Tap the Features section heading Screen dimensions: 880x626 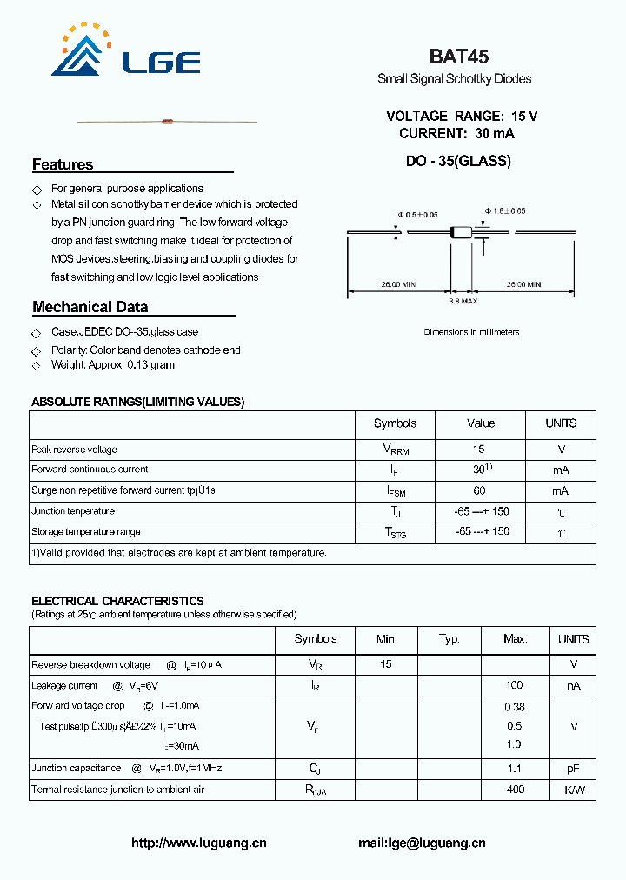tap(63, 164)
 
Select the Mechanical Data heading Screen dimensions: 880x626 tap(90, 307)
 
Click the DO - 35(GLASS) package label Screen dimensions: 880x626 tap(458, 161)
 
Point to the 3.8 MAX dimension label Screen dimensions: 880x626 tap(463, 301)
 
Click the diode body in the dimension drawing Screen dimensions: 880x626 tap(461, 232)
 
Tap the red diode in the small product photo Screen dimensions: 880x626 tap(167, 122)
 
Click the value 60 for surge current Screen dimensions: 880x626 tap(479, 490)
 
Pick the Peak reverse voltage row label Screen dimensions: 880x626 tap(74, 450)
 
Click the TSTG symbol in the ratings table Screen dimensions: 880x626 tap(396, 533)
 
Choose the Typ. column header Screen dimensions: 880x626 tap(450, 639)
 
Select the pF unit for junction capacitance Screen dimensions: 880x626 tap(573, 769)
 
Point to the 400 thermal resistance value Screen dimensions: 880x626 tap(515, 790)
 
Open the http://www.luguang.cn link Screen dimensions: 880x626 tap(198, 843)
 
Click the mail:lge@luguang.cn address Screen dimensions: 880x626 tap(422, 843)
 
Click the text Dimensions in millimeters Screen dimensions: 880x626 tap(471, 332)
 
